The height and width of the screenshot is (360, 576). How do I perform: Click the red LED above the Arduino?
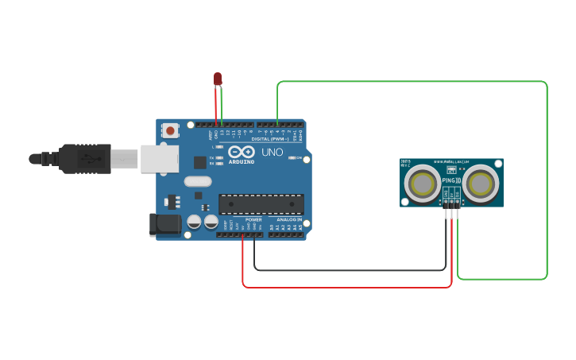point(218,79)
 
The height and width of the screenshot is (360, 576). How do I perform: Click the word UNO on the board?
point(272,152)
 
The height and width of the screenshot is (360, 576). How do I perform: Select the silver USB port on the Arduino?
point(160,158)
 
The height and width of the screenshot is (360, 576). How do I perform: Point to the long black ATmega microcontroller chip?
point(261,204)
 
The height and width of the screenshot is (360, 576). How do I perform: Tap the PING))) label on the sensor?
point(450,180)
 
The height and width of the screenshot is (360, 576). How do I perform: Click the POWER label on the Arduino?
point(253,219)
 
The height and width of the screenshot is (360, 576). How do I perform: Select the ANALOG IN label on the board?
point(289,219)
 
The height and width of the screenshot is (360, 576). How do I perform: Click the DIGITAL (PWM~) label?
point(274,139)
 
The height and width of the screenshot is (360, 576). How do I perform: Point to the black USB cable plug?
point(84,159)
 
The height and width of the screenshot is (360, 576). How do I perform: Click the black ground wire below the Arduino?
point(350,270)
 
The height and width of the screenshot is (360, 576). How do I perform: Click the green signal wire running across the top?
point(413,81)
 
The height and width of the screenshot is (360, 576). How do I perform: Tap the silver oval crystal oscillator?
point(198,181)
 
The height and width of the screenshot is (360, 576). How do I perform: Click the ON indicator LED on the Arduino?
point(292,158)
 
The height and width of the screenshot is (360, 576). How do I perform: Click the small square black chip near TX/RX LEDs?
point(200,162)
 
